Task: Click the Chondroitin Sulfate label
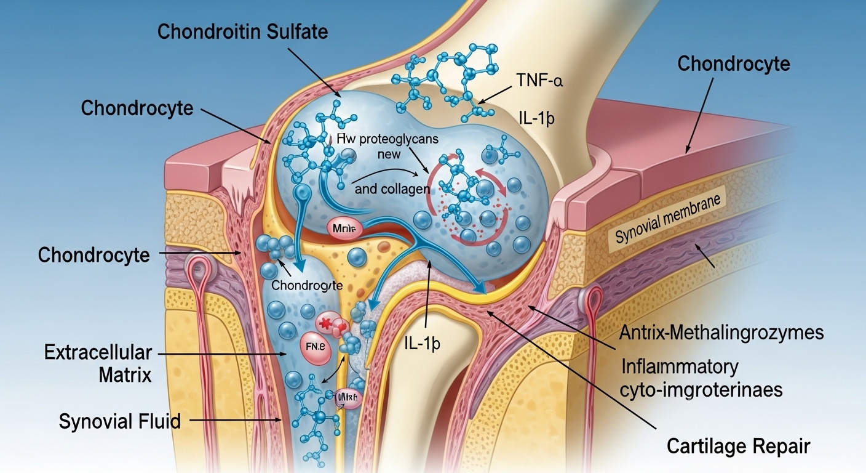(x=243, y=32)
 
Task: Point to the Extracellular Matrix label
(x=98, y=363)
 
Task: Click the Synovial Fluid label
(x=120, y=421)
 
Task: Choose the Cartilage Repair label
(x=738, y=446)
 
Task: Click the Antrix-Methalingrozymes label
(x=721, y=333)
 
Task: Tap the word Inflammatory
(x=680, y=367)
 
